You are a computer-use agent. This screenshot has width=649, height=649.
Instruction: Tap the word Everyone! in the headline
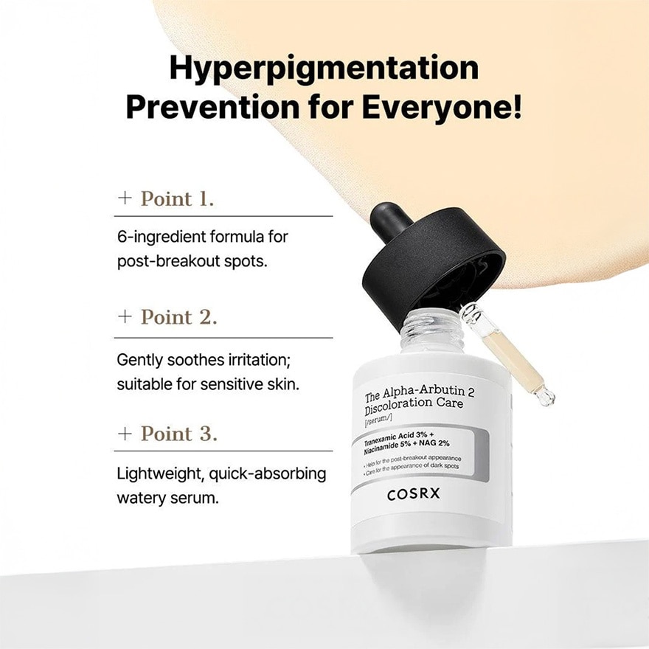pyautogui.click(x=441, y=107)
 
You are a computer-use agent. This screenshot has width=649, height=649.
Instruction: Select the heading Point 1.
pyautogui.click(x=177, y=198)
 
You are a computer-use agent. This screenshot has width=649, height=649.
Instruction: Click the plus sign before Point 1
pyautogui.click(x=125, y=199)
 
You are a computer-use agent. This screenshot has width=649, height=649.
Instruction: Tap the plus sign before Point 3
pyautogui.click(x=125, y=434)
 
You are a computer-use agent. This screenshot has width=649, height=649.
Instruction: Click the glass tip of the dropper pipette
pyautogui.click(x=546, y=397)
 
